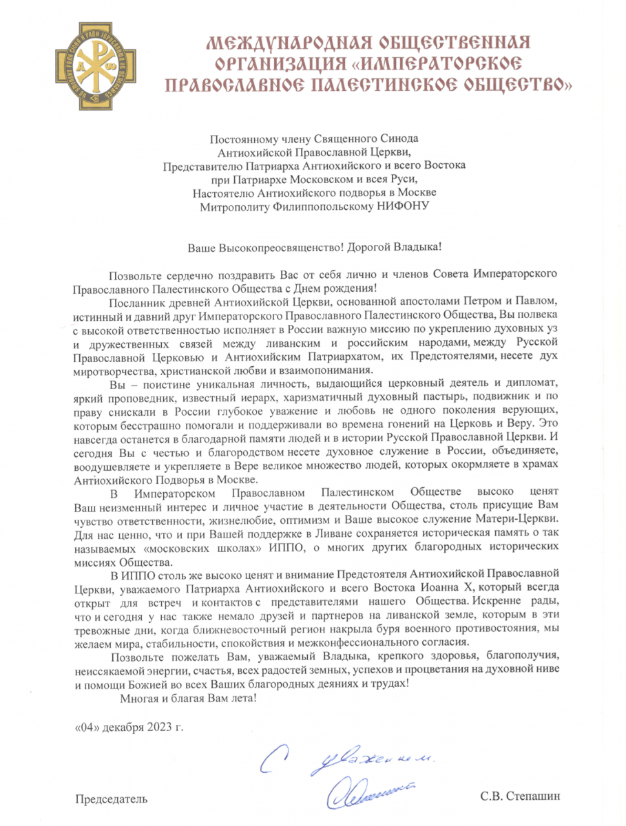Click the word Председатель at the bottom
(x=111, y=798)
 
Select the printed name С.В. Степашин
(x=521, y=797)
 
